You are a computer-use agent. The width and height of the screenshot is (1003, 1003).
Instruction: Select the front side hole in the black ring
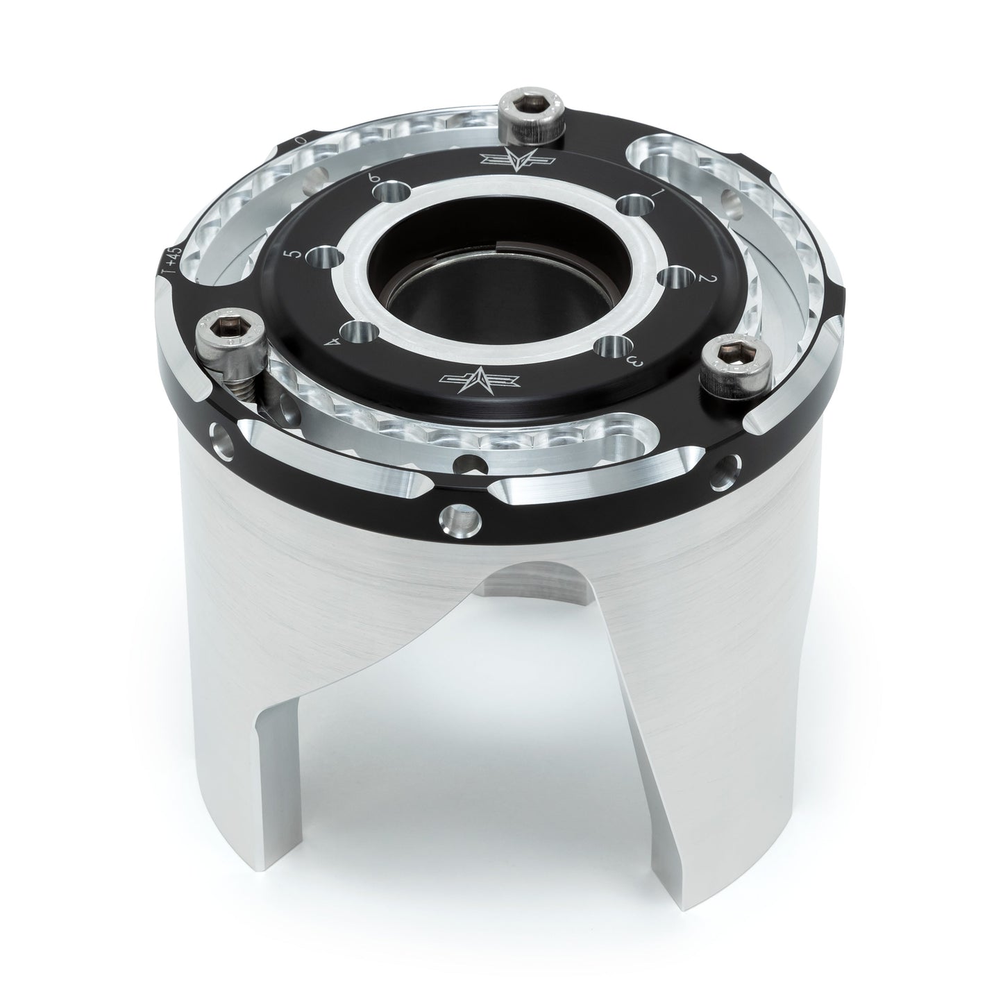[459, 517]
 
